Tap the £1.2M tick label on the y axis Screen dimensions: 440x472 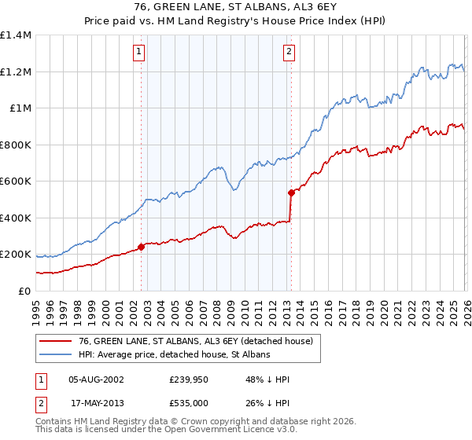click(x=15, y=72)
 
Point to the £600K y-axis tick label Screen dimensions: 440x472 click(x=15, y=181)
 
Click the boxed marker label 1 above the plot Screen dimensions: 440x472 click(x=139, y=53)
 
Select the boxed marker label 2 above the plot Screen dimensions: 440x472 click(x=289, y=53)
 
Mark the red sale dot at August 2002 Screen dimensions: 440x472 click(x=141, y=247)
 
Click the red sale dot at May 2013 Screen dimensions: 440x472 click(x=291, y=192)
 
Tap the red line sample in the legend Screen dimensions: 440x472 click(x=56, y=341)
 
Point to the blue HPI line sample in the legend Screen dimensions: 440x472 click(x=56, y=354)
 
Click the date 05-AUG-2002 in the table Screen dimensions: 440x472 click(x=96, y=379)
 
